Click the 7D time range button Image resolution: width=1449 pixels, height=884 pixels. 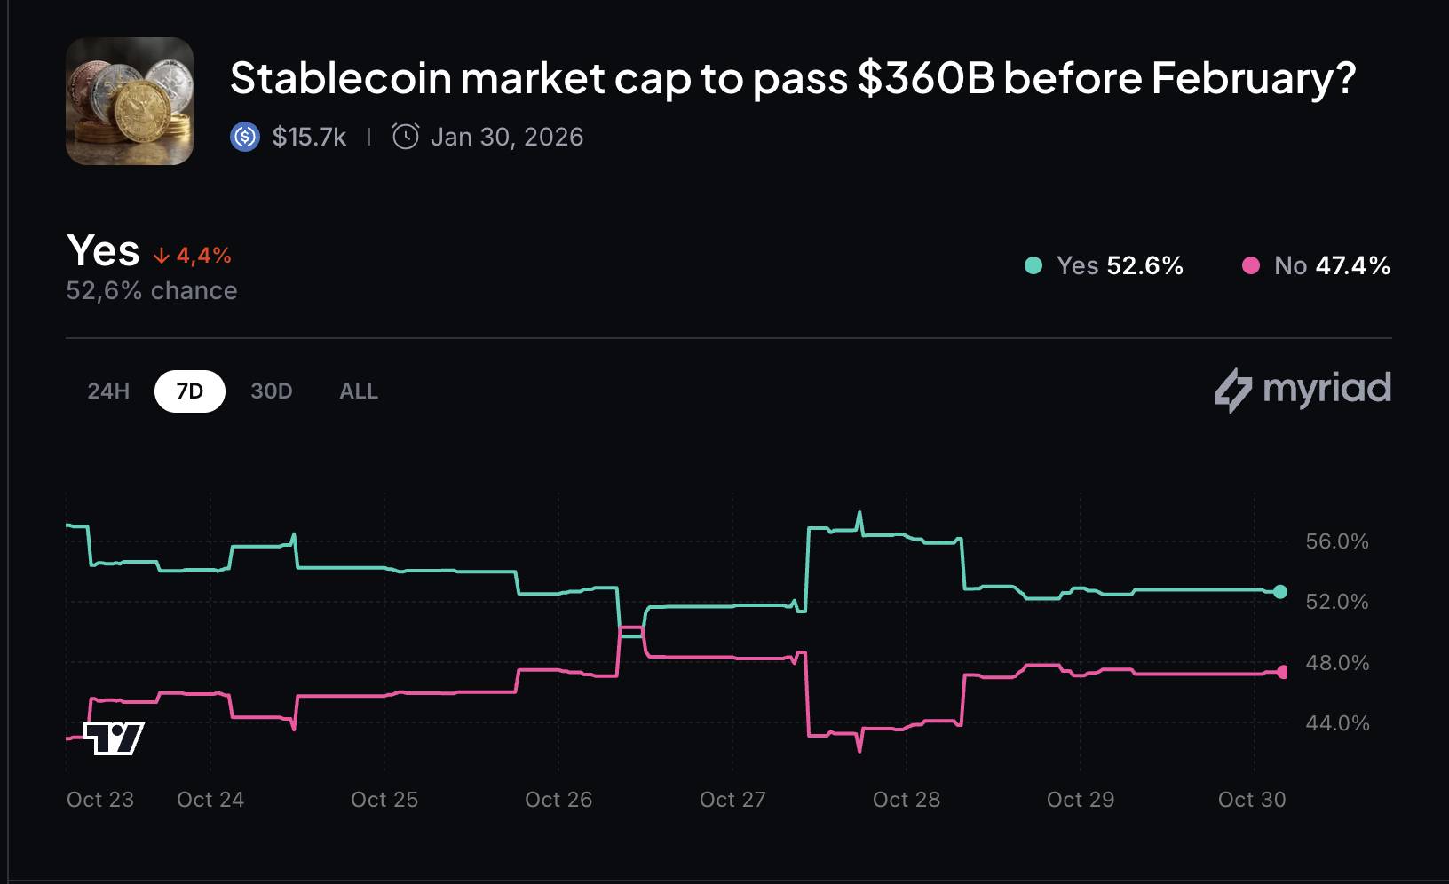[x=190, y=391]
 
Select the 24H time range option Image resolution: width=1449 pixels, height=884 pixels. [x=108, y=391]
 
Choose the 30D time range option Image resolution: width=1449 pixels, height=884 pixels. [x=271, y=391]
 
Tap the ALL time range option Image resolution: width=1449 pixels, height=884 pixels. [x=359, y=391]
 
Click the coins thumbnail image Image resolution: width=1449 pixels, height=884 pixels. [x=130, y=101]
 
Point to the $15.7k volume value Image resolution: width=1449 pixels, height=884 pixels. [x=309, y=137]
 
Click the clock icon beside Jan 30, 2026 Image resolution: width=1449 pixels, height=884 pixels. [x=406, y=137]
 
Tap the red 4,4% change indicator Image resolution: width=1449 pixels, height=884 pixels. [x=193, y=256]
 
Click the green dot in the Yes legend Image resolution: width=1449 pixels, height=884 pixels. [x=1033, y=265]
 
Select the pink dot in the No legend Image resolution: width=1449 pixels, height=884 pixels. [x=1251, y=265]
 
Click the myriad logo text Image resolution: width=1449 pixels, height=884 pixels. [x=1326, y=389]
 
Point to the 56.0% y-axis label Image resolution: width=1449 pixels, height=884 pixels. [x=1337, y=541]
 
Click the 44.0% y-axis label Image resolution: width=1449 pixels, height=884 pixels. [x=1337, y=723]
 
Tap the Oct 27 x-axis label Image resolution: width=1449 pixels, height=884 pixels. [x=732, y=800]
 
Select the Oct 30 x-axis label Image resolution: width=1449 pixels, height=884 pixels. [x=1252, y=800]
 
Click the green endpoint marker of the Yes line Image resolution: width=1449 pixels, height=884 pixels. [x=1279, y=592]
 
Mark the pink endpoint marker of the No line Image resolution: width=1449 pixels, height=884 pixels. [x=1282, y=672]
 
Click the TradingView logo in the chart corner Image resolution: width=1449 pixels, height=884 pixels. [x=114, y=738]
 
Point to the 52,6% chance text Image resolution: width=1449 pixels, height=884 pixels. [x=152, y=291]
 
